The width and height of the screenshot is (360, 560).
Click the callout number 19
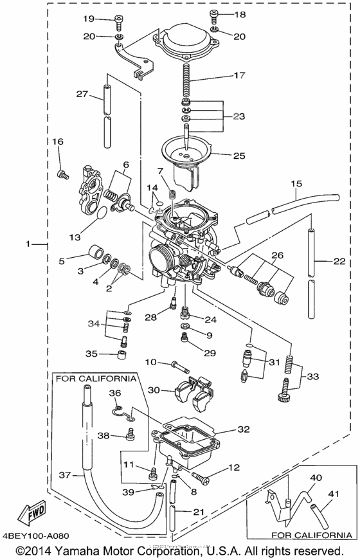88,18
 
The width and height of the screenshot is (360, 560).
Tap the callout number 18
239,14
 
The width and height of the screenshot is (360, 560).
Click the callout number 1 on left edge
28,244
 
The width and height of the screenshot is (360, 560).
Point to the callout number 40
316,478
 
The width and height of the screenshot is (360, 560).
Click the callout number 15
295,183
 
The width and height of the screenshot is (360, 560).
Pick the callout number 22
340,262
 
